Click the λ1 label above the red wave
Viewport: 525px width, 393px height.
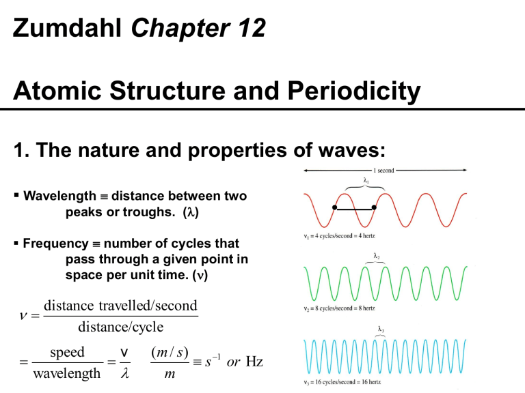[366, 181]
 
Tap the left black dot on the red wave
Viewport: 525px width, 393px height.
[335, 207]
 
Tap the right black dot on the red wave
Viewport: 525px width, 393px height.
[375, 207]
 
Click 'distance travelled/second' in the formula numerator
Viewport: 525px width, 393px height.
[120, 306]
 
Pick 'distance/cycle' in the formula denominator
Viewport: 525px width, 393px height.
[120, 327]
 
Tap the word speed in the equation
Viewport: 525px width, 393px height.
[66, 352]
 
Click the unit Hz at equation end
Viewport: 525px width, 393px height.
[254, 361]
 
